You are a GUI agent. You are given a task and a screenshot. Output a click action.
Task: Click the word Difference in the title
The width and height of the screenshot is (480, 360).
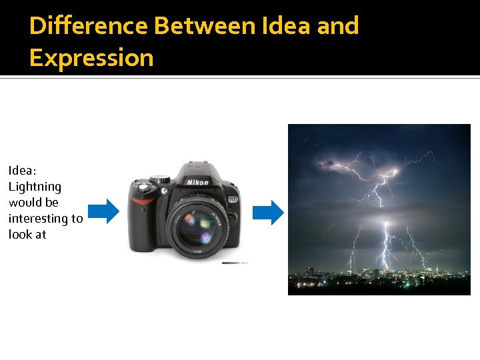(89, 26)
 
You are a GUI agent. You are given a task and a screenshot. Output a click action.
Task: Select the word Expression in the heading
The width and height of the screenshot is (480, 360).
(91, 58)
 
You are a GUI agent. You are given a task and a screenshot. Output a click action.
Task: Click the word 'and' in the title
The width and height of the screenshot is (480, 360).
(338, 26)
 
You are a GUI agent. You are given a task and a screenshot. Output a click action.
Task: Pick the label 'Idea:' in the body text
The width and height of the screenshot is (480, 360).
(23, 171)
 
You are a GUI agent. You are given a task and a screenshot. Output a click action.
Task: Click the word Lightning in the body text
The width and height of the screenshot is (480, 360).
(35, 187)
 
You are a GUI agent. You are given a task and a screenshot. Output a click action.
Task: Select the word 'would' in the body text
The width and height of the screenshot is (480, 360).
(24, 203)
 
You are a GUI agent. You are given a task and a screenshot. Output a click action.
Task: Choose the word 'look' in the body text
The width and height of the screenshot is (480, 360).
(18, 235)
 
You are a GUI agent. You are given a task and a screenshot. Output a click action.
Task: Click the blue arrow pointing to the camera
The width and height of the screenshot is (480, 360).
(103, 211)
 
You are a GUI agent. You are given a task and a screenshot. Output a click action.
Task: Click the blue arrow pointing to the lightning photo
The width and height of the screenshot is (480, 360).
(268, 213)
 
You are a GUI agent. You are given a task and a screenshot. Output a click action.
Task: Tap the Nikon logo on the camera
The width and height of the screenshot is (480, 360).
(197, 182)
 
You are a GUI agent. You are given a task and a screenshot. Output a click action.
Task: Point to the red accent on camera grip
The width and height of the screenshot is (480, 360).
(142, 201)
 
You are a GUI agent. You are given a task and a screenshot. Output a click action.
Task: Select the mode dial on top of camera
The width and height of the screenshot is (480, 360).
(160, 179)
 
